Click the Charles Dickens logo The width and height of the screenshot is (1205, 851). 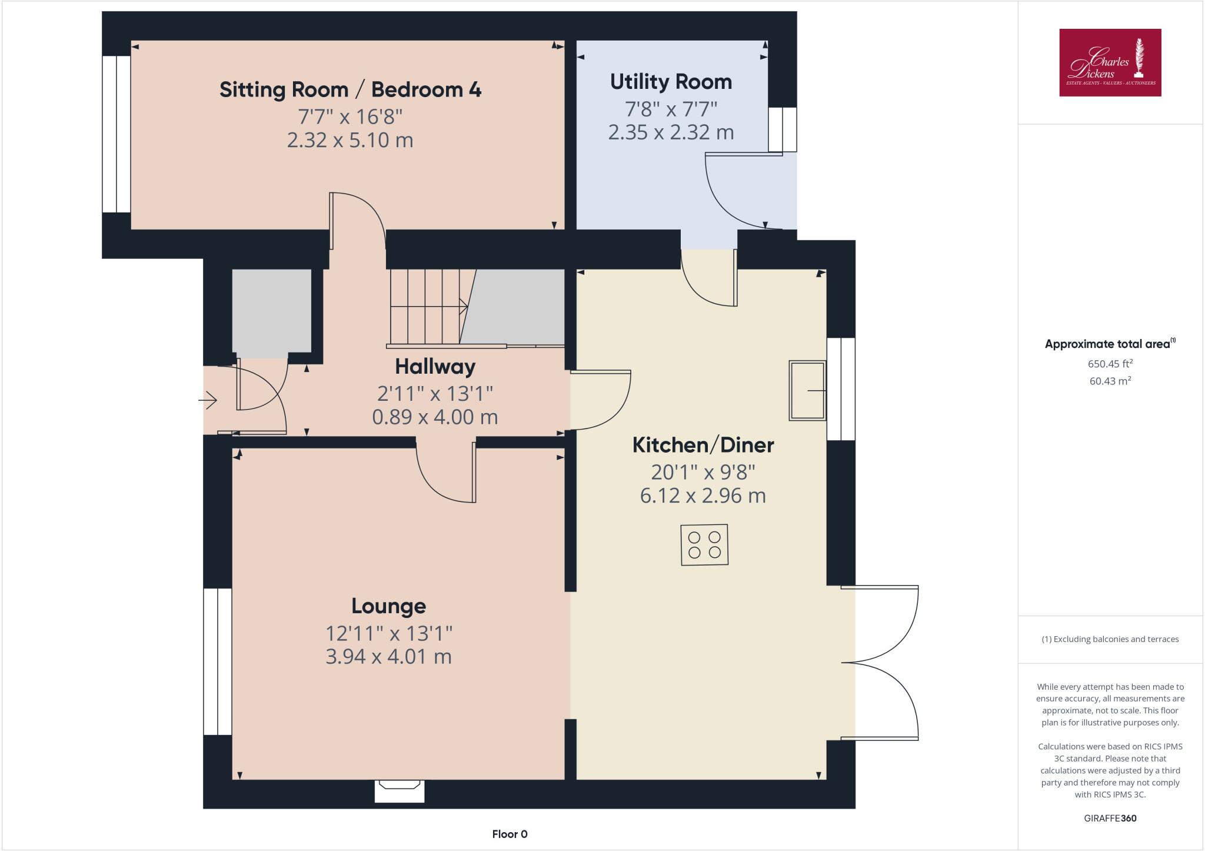1110,62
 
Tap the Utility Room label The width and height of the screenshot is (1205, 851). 671,82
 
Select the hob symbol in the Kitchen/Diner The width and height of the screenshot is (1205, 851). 704,545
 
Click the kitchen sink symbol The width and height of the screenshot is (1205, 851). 807,390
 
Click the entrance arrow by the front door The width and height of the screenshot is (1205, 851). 208,401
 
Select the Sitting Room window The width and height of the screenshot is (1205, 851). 116,134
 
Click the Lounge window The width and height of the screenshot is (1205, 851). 218,661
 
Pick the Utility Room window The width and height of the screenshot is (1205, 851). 783,129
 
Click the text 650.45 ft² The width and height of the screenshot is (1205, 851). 1110,364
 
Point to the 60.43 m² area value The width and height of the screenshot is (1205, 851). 1110,381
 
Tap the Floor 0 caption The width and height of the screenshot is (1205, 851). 510,834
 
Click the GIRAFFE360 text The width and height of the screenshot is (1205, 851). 1110,818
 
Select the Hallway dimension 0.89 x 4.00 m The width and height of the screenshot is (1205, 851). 435,417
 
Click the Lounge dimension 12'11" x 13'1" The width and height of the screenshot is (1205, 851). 388,633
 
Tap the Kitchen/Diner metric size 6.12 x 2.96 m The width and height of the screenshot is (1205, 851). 703,496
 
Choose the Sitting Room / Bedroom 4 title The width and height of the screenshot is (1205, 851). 350,89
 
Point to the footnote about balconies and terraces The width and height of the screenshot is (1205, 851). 1110,639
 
